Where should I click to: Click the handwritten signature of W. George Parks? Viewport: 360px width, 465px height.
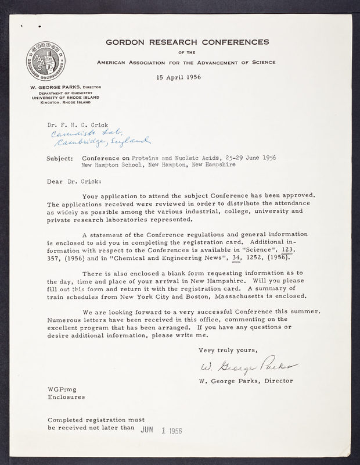click(248, 367)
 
